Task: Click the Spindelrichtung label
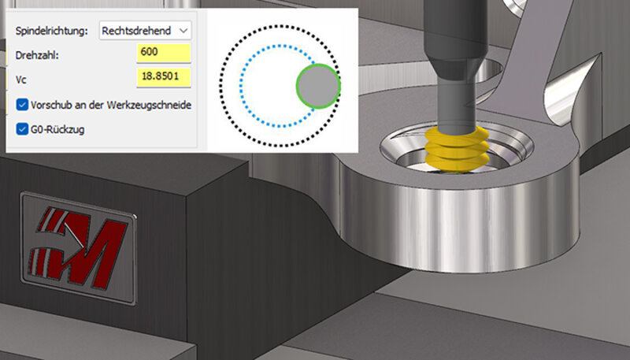(x=51, y=31)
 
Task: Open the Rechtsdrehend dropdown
(x=145, y=31)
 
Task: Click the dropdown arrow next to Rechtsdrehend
(x=183, y=31)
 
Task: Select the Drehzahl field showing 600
(x=164, y=53)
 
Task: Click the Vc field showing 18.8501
(x=164, y=76)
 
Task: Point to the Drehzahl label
(x=37, y=55)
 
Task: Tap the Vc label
(x=21, y=80)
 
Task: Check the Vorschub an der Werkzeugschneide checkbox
(x=22, y=105)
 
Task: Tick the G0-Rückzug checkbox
(x=22, y=129)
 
